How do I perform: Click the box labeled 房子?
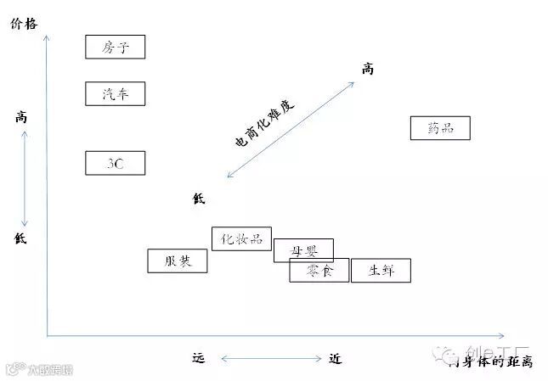click(116, 47)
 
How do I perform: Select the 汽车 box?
click(116, 93)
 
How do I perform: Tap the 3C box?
click(116, 163)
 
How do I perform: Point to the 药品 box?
click(438, 129)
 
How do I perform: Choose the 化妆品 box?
click(241, 239)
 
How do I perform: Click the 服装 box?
click(177, 261)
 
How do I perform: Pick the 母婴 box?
click(303, 250)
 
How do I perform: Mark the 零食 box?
click(319, 271)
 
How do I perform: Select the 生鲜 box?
click(381, 271)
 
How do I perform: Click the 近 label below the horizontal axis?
click(335, 358)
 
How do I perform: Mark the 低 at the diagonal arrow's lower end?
click(199, 199)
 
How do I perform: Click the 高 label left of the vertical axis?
click(21, 117)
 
